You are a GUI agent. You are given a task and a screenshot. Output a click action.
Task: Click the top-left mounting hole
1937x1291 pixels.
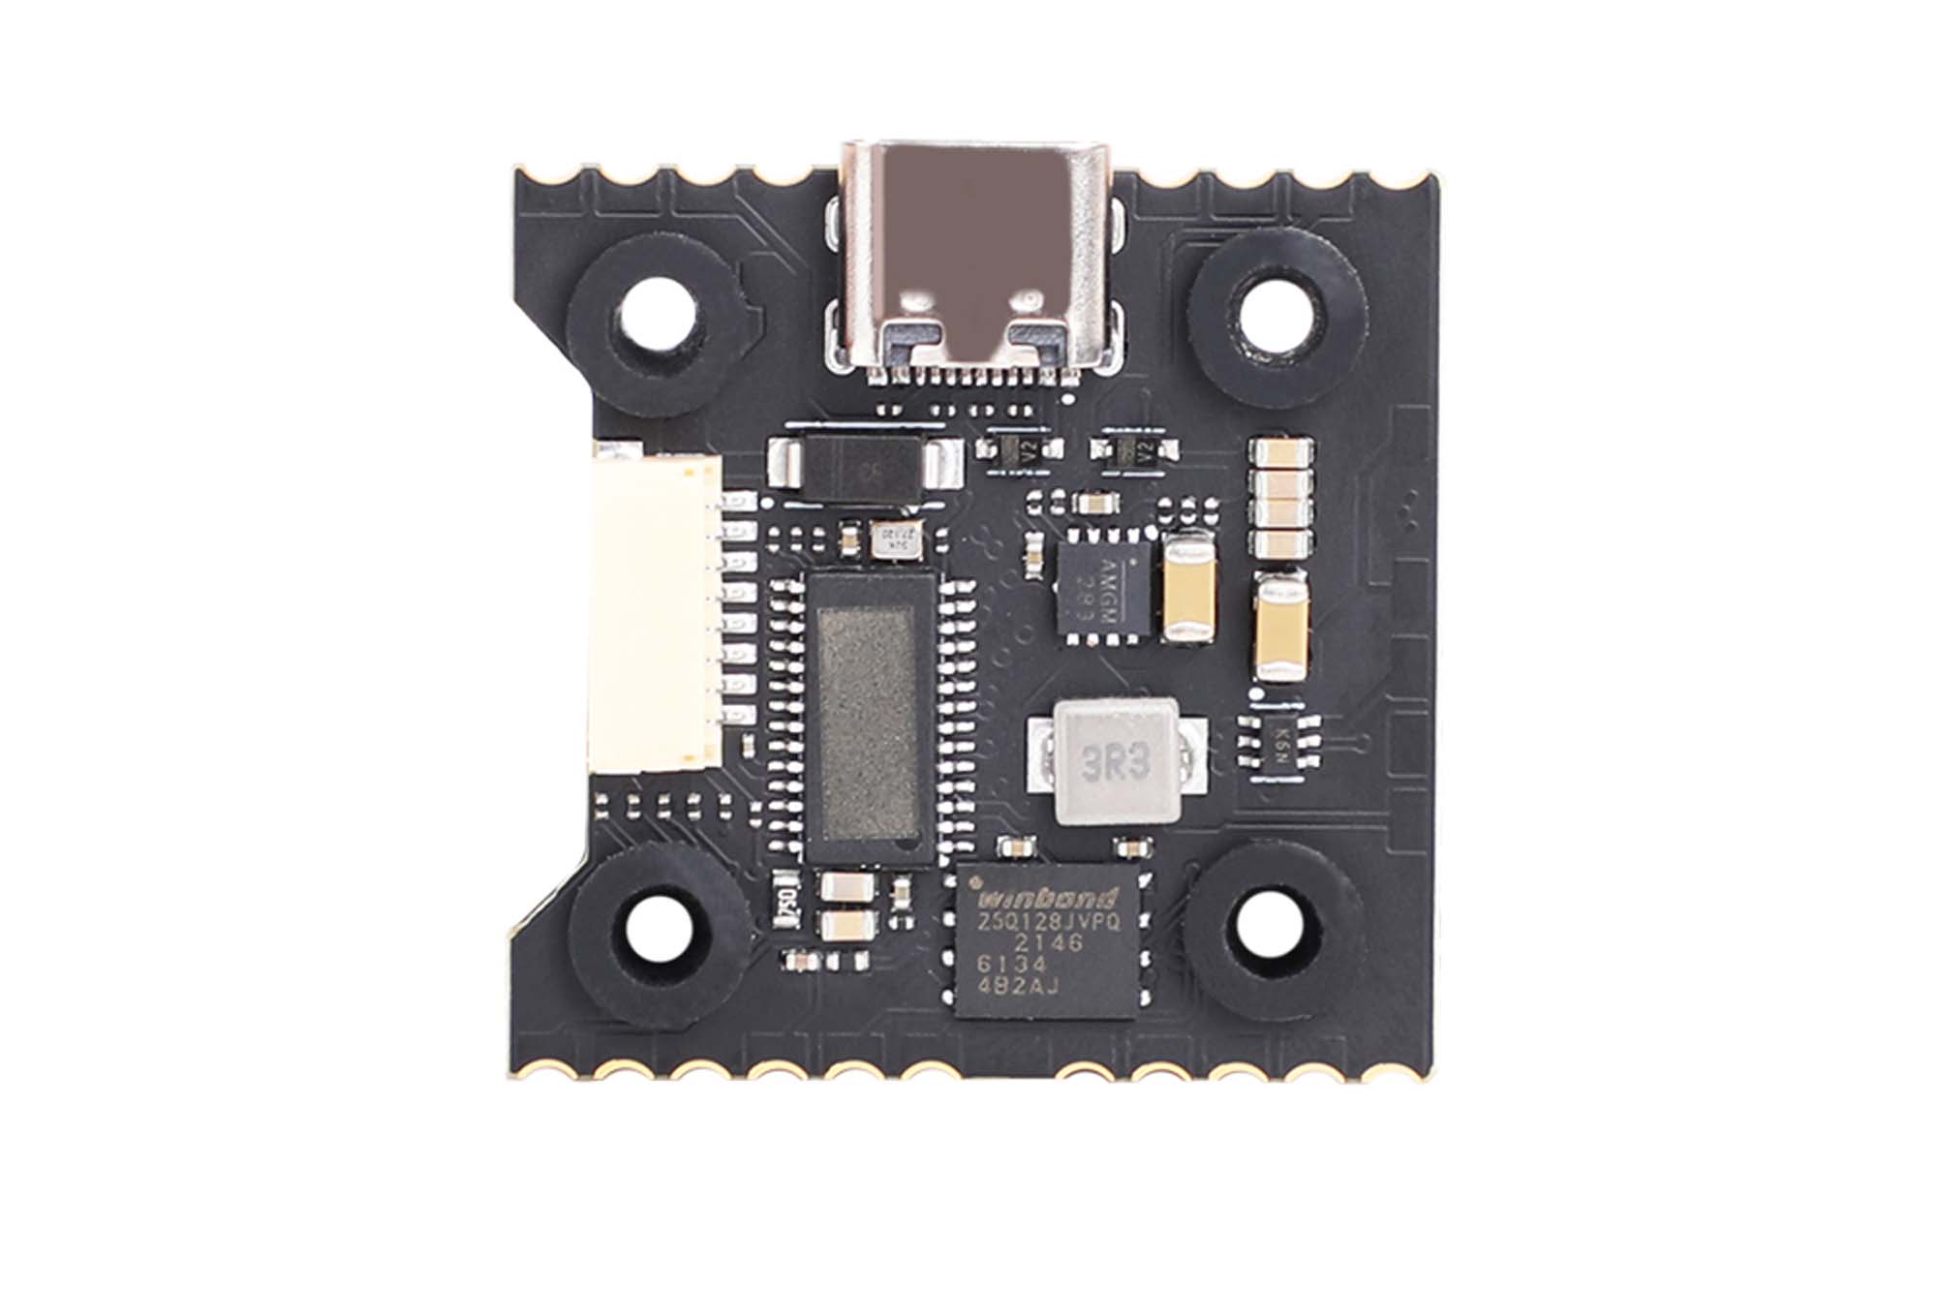tap(659, 315)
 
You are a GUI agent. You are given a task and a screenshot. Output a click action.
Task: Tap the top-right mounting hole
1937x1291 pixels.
tap(1277, 314)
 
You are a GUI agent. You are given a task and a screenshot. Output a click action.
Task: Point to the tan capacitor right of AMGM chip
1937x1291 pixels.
tap(1188, 590)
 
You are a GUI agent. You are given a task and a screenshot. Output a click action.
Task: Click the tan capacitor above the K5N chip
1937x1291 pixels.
tap(1280, 626)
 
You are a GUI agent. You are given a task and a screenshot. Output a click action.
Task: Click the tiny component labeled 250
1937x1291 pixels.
tap(786, 901)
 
